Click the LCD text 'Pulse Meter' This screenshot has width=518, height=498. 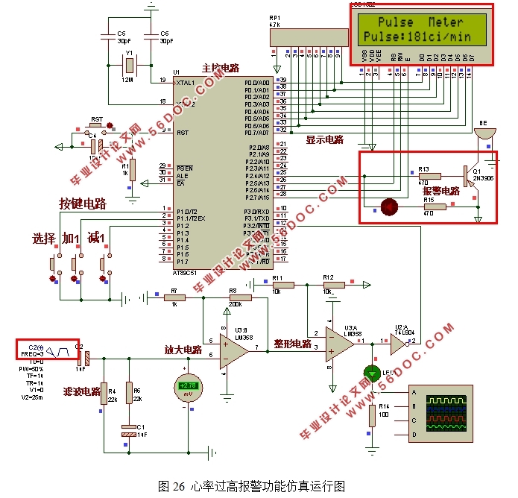[420, 22]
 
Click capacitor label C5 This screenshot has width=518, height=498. [121, 34]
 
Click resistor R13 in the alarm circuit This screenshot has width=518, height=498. [430, 177]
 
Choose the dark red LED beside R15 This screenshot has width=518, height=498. [388, 207]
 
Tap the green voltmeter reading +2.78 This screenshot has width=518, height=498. [186, 385]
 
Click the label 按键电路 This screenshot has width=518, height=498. [83, 204]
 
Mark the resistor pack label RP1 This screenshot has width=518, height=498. [275, 18]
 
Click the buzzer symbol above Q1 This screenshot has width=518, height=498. [485, 135]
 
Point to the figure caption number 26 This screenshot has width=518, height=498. [179, 486]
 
